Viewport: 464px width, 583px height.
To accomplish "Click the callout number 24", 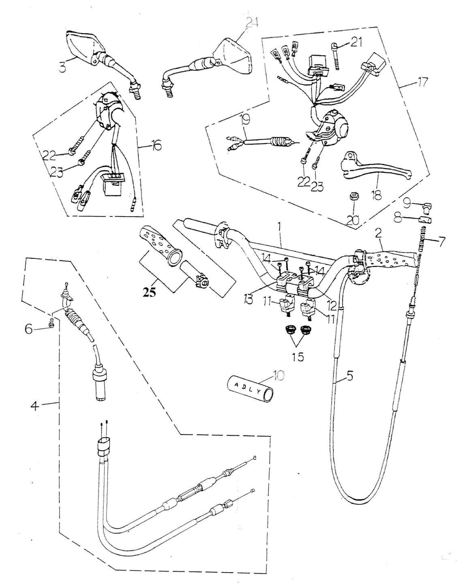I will (x=252, y=23).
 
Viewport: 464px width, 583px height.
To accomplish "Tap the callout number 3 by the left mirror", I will (x=62, y=67).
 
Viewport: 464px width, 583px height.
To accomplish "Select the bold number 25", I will (x=149, y=292).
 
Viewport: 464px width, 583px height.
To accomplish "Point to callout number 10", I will (x=279, y=375).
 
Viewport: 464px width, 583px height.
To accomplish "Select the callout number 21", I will (x=356, y=42).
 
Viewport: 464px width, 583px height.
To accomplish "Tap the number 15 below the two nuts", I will (x=298, y=357).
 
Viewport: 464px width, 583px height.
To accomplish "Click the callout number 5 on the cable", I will (x=350, y=376).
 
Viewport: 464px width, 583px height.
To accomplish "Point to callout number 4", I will (x=35, y=405).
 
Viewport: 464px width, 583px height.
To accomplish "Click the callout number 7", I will (x=441, y=242).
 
